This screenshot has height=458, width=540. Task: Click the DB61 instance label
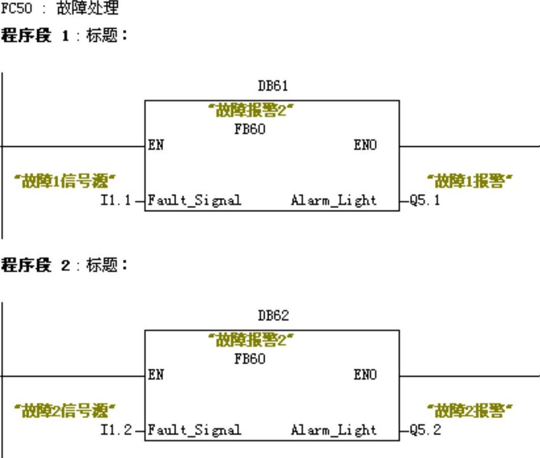click(x=273, y=86)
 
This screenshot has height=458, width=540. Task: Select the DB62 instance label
click(x=273, y=316)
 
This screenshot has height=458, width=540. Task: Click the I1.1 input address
click(x=116, y=200)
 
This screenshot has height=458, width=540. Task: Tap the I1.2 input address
click(x=116, y=430)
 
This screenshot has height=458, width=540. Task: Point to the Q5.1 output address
click(x=425, y=200)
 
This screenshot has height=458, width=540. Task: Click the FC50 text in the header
click(x=12, y=10)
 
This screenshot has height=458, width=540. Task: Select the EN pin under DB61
click(x=156, y=145)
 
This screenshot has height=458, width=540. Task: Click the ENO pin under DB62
click(x=365, y=375)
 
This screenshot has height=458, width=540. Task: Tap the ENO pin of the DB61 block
click(x=365, y=145)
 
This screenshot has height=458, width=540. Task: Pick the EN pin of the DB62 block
click(x=156, y=375)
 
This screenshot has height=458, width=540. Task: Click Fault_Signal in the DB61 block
click(x=195, y=200)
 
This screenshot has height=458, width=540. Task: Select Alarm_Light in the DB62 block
click(x=333, y=430)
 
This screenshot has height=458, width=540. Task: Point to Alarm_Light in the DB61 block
click(x=333, y=200)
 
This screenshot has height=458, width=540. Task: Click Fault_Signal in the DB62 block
click(x=195, y=430)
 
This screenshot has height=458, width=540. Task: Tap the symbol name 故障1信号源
click(x=65, y=181)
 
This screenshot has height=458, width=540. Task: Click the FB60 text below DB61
click(x=249, y=129)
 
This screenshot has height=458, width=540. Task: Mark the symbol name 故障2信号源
click(x=65, y=411)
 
